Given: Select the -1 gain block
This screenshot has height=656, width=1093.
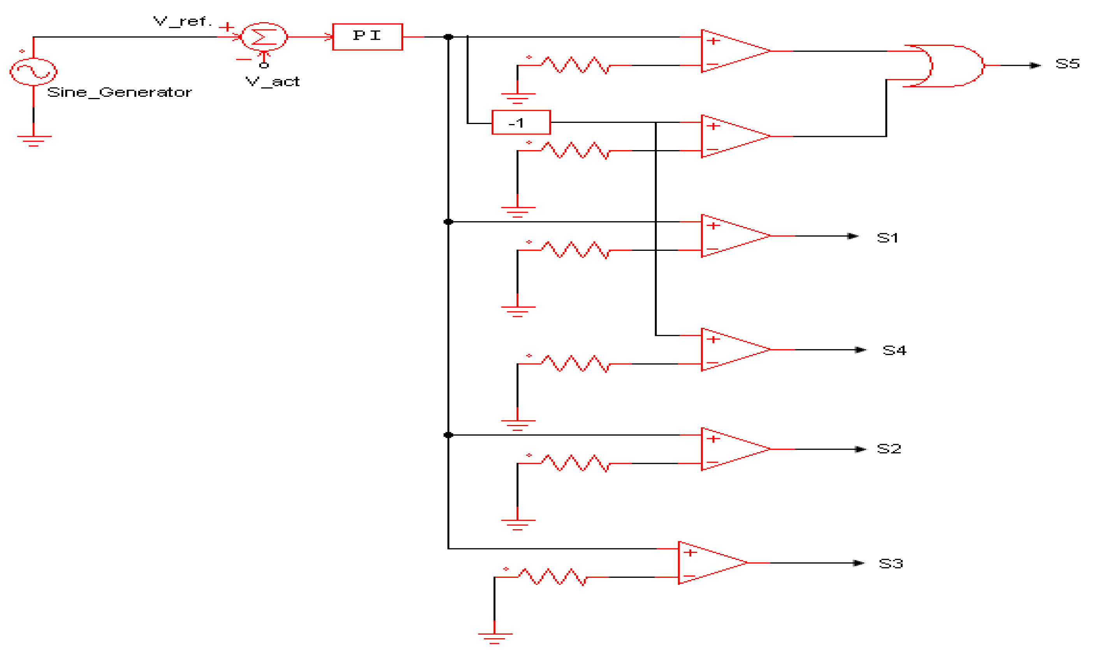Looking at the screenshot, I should [x=521, y=122].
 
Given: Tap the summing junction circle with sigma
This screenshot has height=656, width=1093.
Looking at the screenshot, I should [x=264, y=37].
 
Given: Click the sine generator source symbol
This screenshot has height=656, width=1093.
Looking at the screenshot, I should [x=33, y=72].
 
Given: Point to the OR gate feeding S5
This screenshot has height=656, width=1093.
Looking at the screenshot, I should [x=947, y=65].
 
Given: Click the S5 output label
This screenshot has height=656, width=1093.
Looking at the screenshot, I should [x=1067, y=64].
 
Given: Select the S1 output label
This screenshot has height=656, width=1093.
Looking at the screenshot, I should [x=887, y=238].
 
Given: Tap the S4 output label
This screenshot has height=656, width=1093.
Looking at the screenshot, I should [x=894, y=350].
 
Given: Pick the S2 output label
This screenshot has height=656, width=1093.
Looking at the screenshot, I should [x=889, y=449].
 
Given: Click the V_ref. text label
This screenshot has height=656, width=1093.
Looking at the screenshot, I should [x=182, y=21].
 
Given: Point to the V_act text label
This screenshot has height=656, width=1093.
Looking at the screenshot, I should [x=272, y=82].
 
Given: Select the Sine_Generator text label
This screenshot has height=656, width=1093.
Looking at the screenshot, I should [x=119, y=93].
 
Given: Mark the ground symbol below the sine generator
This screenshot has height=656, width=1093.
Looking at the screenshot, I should [x=33, y=140].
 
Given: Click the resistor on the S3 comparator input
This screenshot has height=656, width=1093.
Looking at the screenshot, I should [x=552, y=577].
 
